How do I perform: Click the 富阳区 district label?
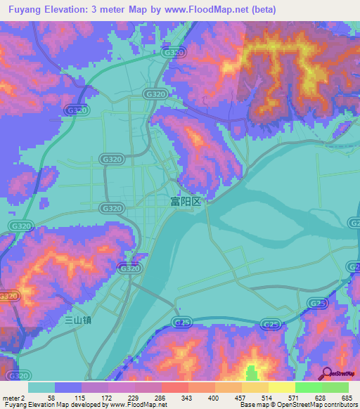pos(186,201)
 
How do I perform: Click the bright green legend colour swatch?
pos(309,387)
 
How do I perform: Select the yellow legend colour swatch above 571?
pos(281,387)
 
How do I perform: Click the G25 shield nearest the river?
pos(182,321)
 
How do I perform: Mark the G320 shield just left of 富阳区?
pos(111,209)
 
